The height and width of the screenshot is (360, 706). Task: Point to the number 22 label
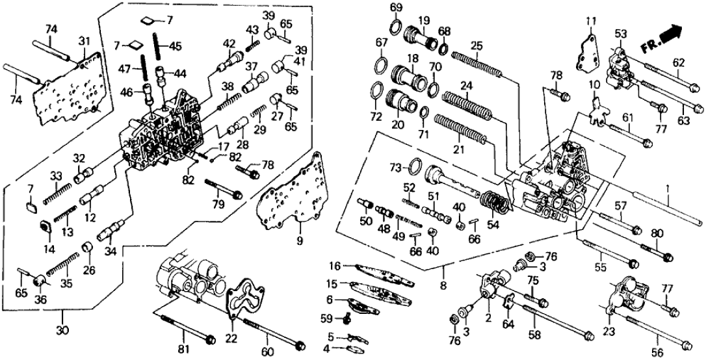pyautogui.click(x=231, y=339)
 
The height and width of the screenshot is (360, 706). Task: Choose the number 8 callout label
pyautogui.click(x=444, y=284)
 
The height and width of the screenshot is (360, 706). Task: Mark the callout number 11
pyautogui.click(x=589, y=23)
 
